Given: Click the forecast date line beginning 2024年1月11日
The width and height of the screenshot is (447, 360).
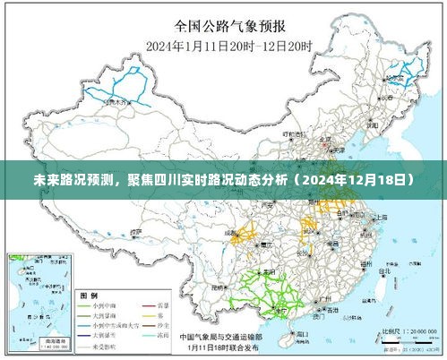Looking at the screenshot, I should point(223,45).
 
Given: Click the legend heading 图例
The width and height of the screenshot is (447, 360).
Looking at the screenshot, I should point(89,295).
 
